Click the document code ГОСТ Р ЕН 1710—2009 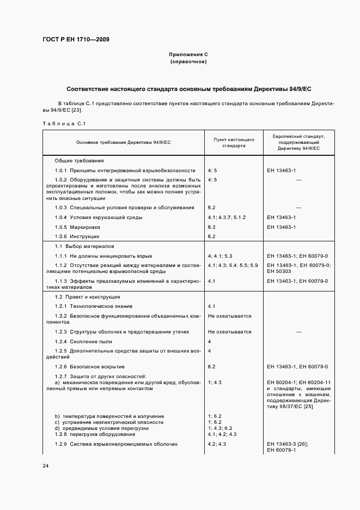click(76, 40)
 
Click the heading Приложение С click(188, 55)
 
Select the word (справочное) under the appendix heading click(188, 62)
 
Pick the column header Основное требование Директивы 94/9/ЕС click(124, 142)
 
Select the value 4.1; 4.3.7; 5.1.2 click(227, 217)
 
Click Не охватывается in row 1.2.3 click(229, 331)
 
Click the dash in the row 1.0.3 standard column click(298, 208)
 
